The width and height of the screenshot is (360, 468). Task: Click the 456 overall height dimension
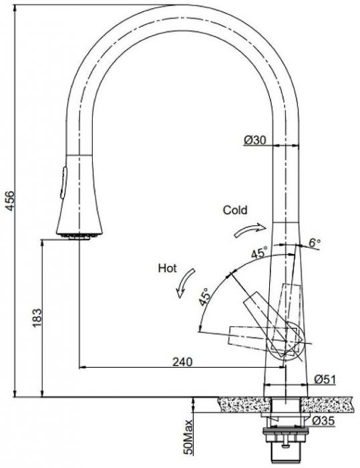10,201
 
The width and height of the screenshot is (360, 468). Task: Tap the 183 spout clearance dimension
37,318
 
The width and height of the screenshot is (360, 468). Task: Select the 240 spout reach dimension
182,362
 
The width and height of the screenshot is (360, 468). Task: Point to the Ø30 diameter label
254,140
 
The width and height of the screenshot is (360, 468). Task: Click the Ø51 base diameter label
325,379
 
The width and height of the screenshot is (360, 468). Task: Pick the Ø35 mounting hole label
324,421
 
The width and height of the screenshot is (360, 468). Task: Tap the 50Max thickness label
188,437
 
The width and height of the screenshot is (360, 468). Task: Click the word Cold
235,210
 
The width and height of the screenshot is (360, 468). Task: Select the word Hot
168,268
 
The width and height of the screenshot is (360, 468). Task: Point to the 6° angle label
315,243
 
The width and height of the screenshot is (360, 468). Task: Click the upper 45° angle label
259,253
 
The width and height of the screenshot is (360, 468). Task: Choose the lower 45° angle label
204,297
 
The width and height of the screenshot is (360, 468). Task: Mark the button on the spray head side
63,183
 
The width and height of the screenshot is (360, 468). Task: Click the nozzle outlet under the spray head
79,237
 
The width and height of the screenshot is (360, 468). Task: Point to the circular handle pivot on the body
287,341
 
